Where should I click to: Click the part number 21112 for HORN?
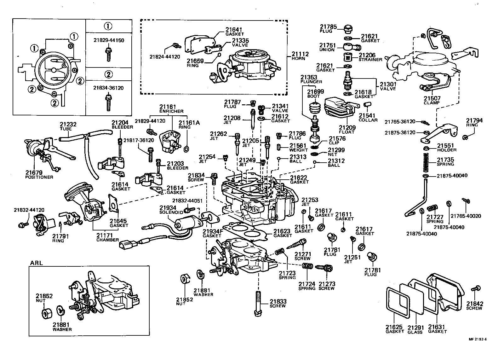pyautogui.click(x=300, y=54)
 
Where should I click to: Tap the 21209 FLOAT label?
pyautogui.click(x=347, y=130)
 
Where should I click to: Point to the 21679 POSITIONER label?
pyautogui.click(x=39, y=175)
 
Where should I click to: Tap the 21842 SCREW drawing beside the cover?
pyautogui.click(x=476, y=288)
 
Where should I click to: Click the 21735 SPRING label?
pyautogui.click(x=445, y=162)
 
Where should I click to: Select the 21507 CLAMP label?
pyautogui.click(x=432, y=101)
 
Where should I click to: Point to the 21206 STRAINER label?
pyautogui.click(x=370, y=57)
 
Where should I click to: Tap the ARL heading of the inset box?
pyautogui.click(x=37, y=263)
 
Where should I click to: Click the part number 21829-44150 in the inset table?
pyautogui.click(x=109, y=40)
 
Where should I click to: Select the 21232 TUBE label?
pyautogui.click(x=68, y=127)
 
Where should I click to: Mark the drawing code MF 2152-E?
pyautogui.click(x=478, y=339)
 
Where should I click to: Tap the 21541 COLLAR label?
pyautogui.click(x=368, y=118)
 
